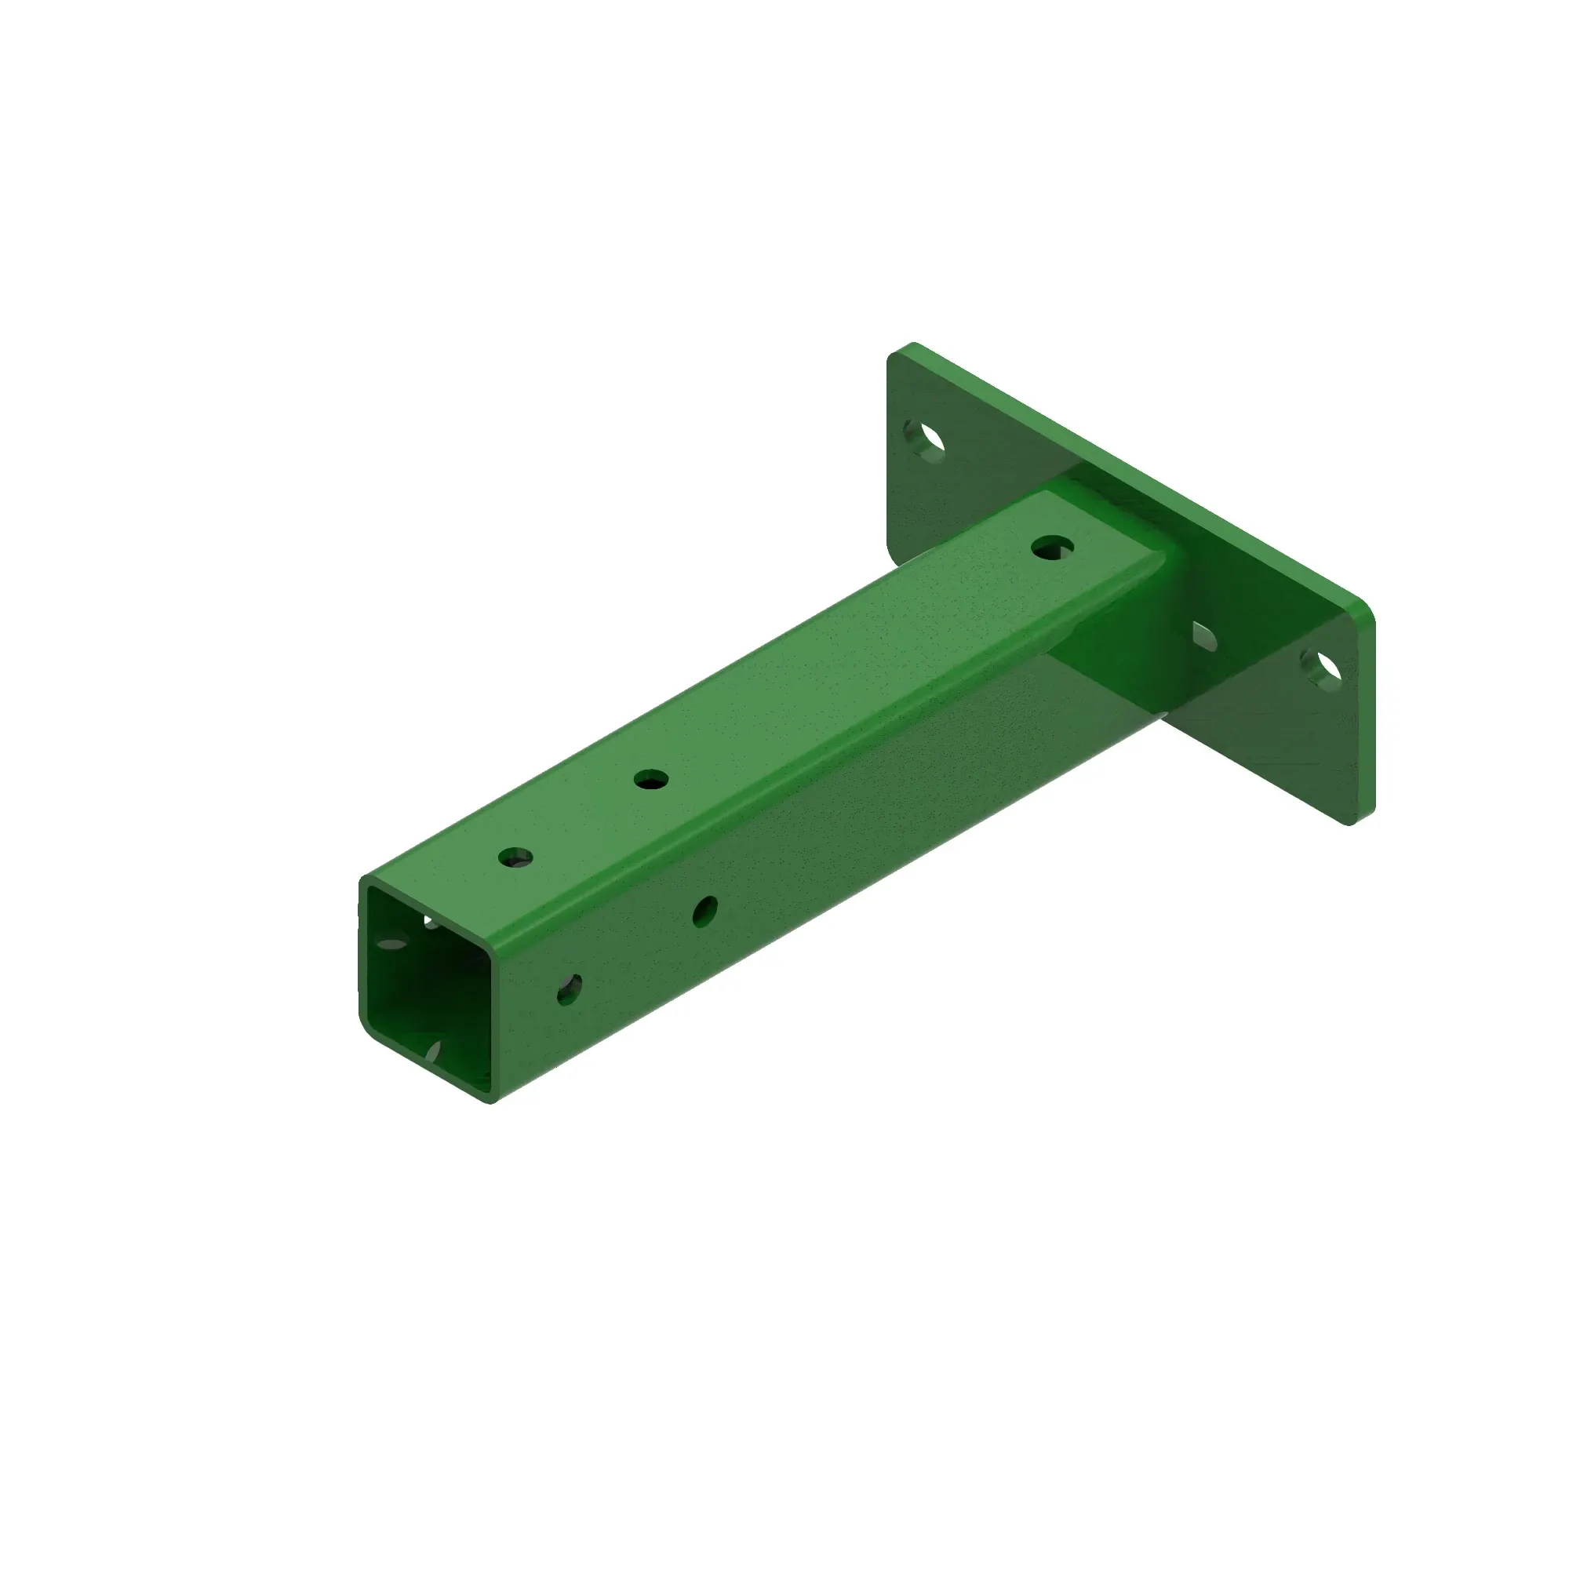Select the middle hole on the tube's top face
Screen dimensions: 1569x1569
click(650, 781)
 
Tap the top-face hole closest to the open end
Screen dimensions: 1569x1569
click(515, 857)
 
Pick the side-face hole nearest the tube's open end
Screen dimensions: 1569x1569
click(570, 990)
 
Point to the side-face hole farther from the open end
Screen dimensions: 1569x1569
click(705, 910)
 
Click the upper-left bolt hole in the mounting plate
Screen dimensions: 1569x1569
click(925, 440)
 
